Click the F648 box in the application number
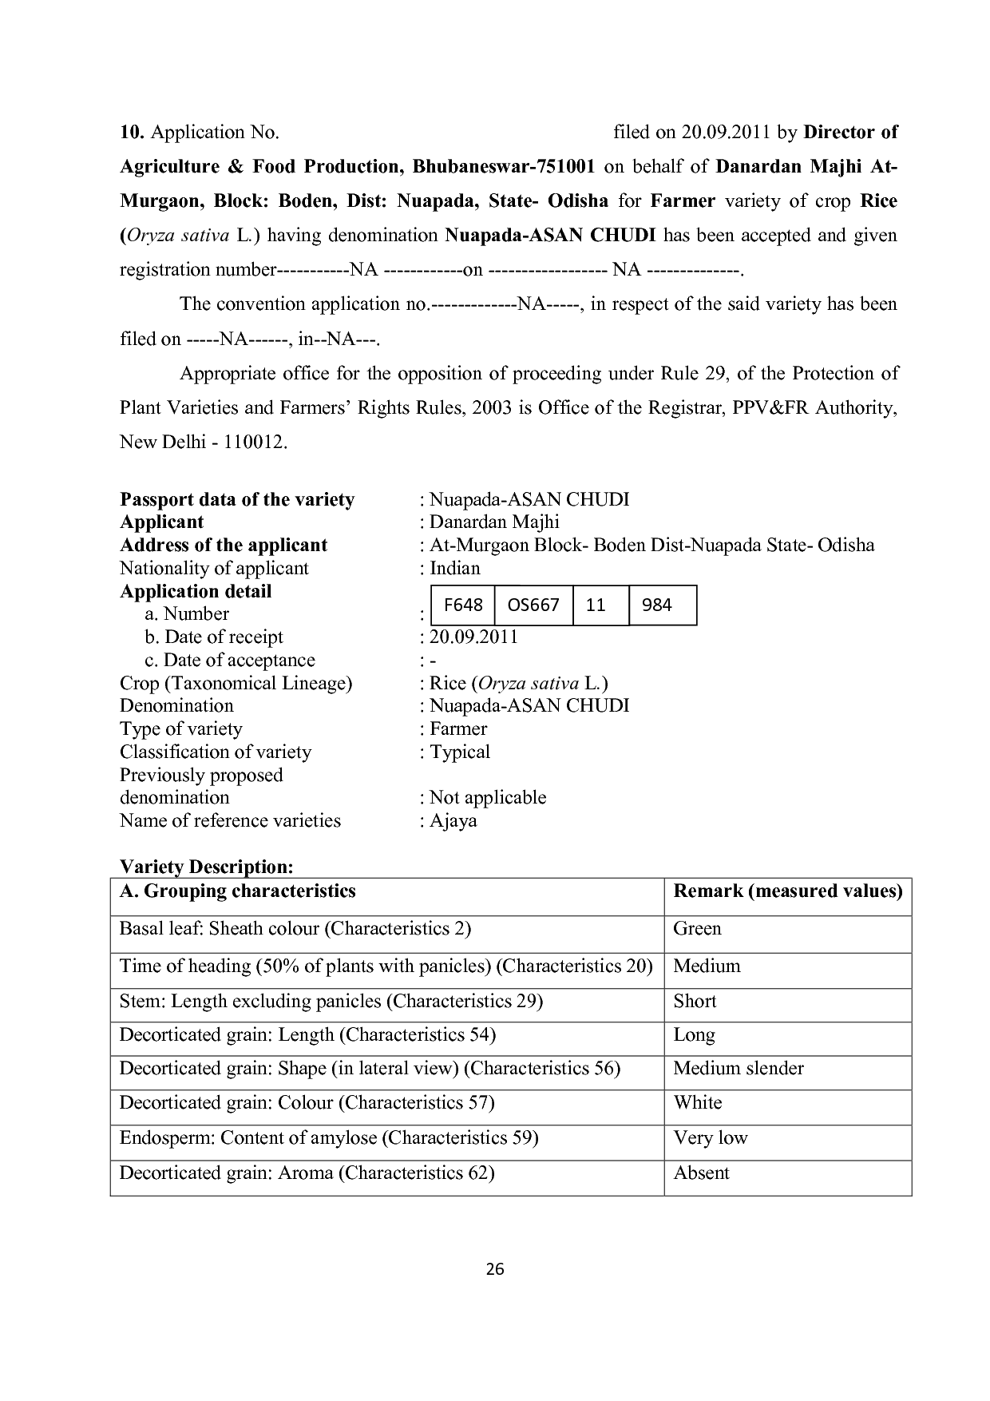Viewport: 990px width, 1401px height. tap(463, 605)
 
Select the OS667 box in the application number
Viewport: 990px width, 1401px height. tap(533, 605)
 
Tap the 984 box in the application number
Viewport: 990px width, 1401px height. tap(657, 605)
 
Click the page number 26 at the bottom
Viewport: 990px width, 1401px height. tap(495, 1269)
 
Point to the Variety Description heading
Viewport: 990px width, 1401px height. tap(207, 867)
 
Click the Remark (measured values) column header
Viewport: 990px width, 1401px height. tap(788, 891)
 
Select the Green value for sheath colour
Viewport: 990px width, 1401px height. tap(697, 929)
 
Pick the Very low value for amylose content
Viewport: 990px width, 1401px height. tap(711, 1137)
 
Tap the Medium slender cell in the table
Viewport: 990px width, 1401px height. tap(739, 1069)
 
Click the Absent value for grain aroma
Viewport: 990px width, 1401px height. tap(701, 1173)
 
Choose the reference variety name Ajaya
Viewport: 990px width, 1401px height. tap(453, 821)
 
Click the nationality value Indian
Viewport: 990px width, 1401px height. tap(455, 569)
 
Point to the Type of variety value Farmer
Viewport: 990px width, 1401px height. tap(458, 729)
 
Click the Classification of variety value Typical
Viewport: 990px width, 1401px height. tap(460, 752)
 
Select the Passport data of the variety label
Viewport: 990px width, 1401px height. tap(237, 500)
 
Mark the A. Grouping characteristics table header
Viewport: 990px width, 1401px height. tap(237, 891)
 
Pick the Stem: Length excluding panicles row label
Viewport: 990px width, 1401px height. tap(331, 1002)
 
